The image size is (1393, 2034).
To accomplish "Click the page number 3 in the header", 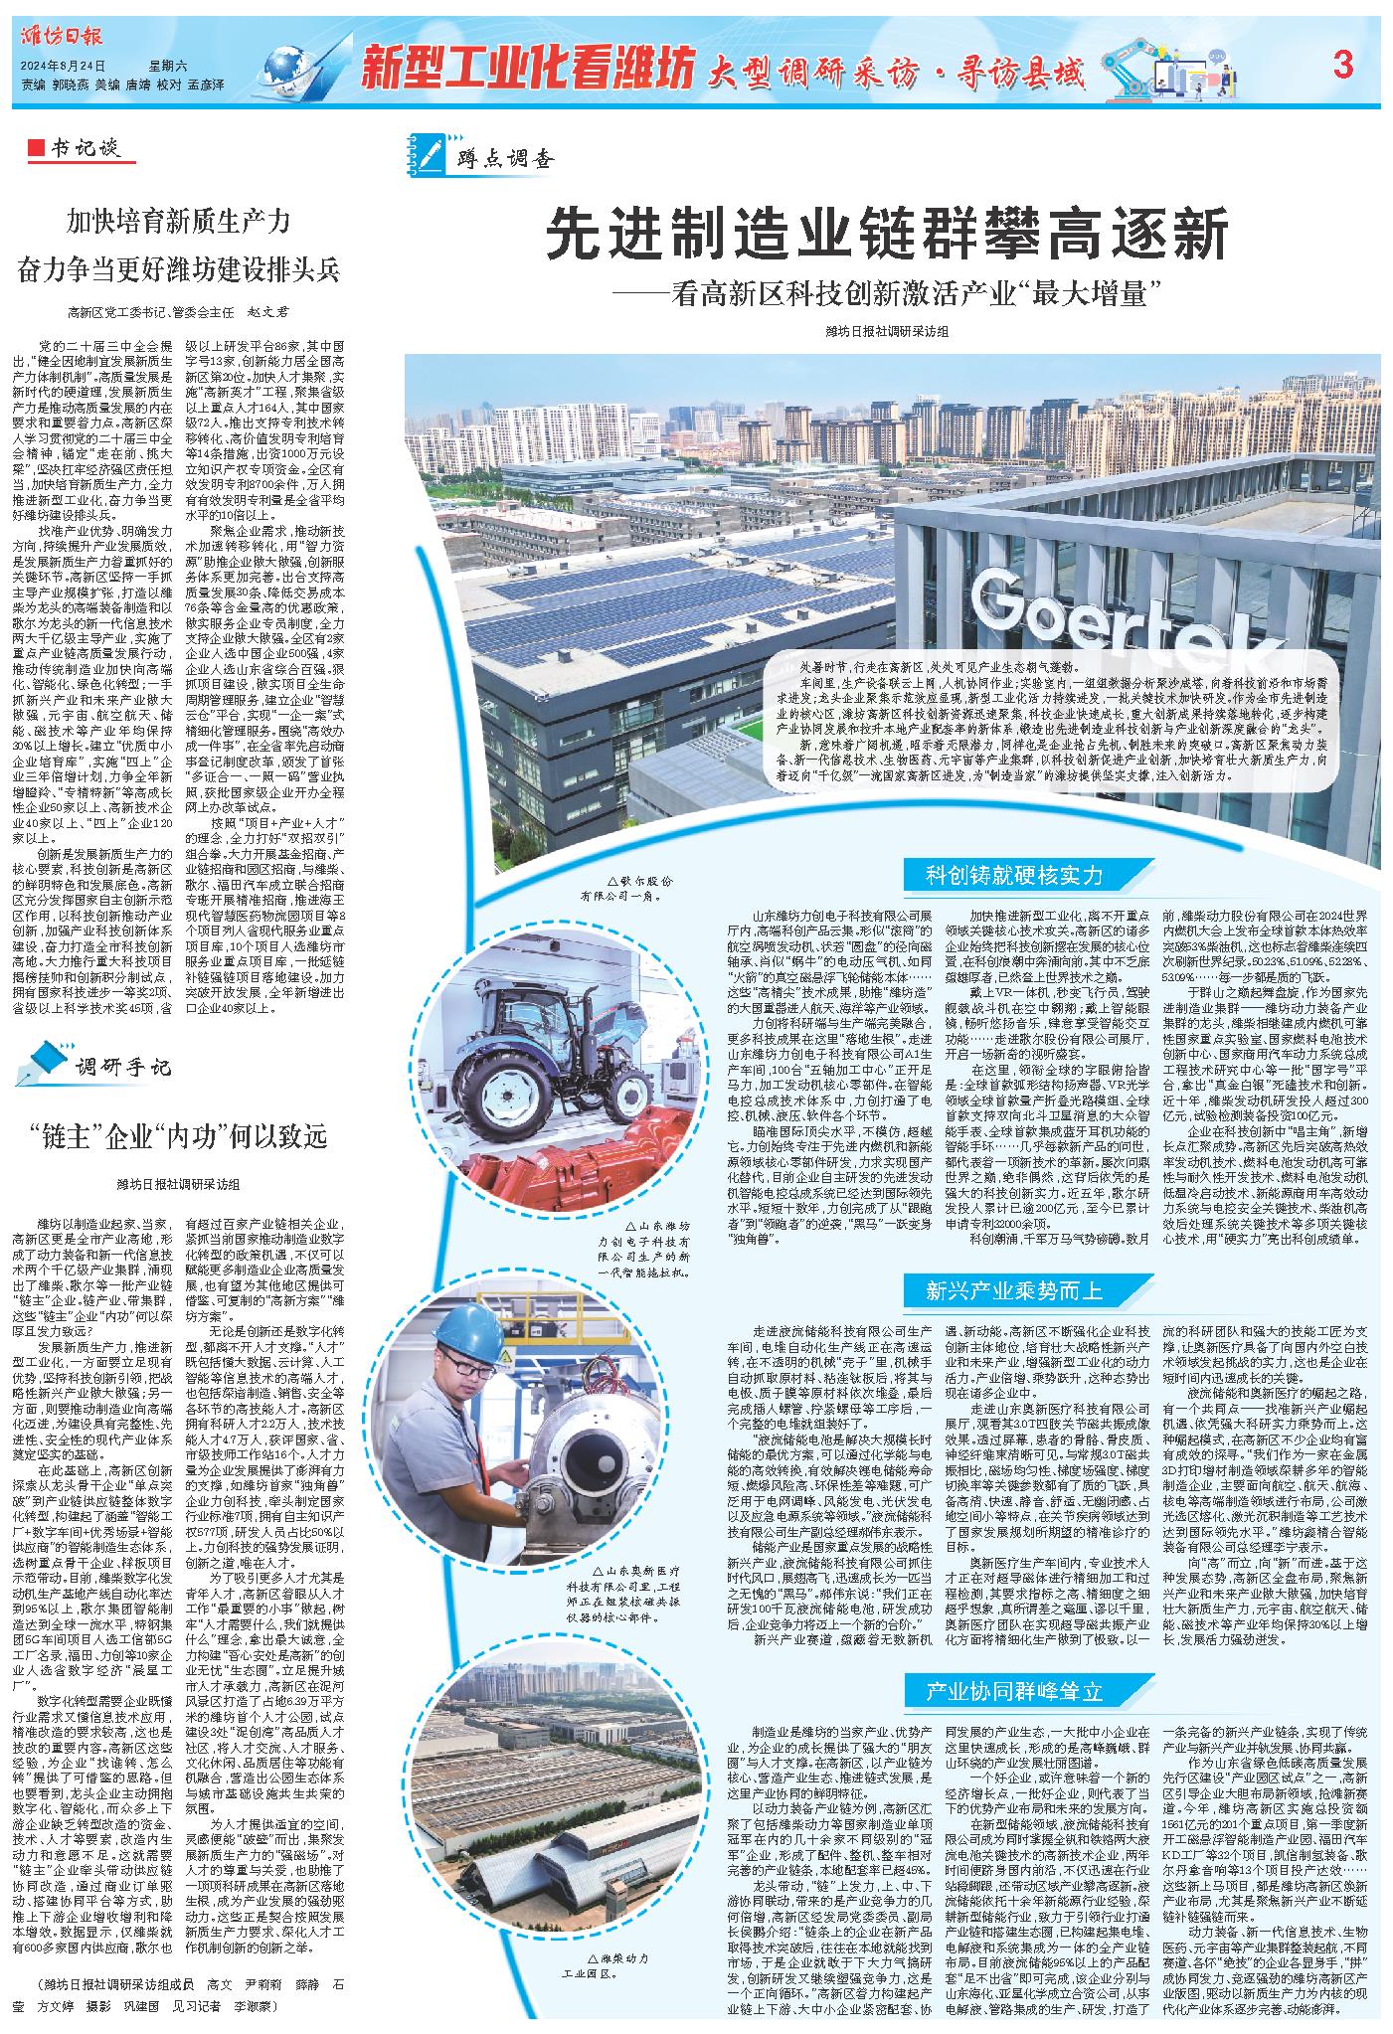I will click(x=1343, y=67).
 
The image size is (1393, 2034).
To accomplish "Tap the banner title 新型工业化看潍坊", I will click(x=527, y=69).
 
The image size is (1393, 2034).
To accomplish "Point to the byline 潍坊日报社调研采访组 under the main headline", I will click(x=887, y=331).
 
